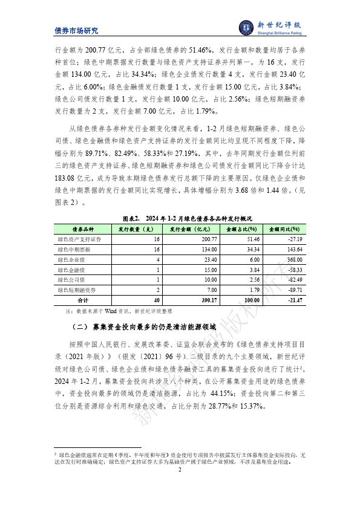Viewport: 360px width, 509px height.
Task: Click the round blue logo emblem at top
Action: click(x=246, y=27)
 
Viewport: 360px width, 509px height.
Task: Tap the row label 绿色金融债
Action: click(x=70, y=270)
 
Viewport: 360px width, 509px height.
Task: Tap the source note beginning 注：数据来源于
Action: click(x=113, y=311)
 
